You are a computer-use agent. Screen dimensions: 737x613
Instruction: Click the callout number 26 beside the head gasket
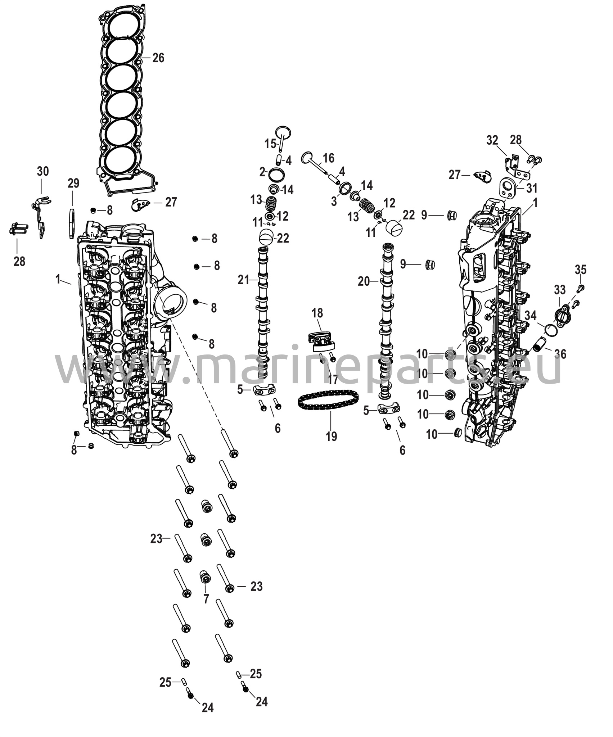pyautogui.click(x=158, y=58)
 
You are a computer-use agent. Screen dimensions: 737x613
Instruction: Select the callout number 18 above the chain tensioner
pyautogui.click(x=317, y=313)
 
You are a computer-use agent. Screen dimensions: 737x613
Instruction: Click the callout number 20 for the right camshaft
pyautogui.click(x=364, y=281)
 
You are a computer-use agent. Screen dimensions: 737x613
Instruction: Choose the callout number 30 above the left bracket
pyautogui.click(x=43, y=171)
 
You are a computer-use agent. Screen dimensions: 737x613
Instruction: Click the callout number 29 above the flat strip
pyautogui.click(x=73, y=184)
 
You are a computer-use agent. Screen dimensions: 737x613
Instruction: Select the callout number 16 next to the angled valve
pyautogui.click(x=328, y=158)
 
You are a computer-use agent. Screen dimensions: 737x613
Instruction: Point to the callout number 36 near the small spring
pyautogui.click(x=560, y=354)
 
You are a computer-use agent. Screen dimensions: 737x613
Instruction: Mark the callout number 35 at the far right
pyautogui.click(x=580, y=270)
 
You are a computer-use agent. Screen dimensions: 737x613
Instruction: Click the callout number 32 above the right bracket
pyautogui.click(x=492, y=140)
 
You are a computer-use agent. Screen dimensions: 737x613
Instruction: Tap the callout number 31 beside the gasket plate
pyautogui.click(x=532, y=188)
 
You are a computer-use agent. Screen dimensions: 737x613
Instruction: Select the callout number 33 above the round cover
pyautogui.click(x=560, y=290)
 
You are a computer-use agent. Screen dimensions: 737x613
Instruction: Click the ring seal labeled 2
pyautogui.click(x=277, y=175)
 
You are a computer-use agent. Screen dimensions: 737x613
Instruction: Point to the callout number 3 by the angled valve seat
pyautogui.click(x=334, y=201)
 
